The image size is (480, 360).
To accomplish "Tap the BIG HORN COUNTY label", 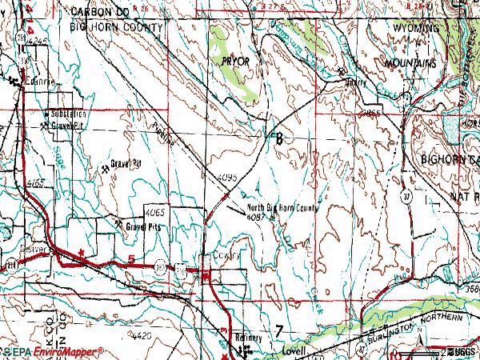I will (118, 26).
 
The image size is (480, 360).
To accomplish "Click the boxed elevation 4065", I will (155, 212).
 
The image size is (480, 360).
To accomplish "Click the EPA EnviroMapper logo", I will (54, 351).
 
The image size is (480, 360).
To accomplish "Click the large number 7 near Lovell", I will (278, 331).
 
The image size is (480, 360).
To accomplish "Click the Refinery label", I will (248, 338).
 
